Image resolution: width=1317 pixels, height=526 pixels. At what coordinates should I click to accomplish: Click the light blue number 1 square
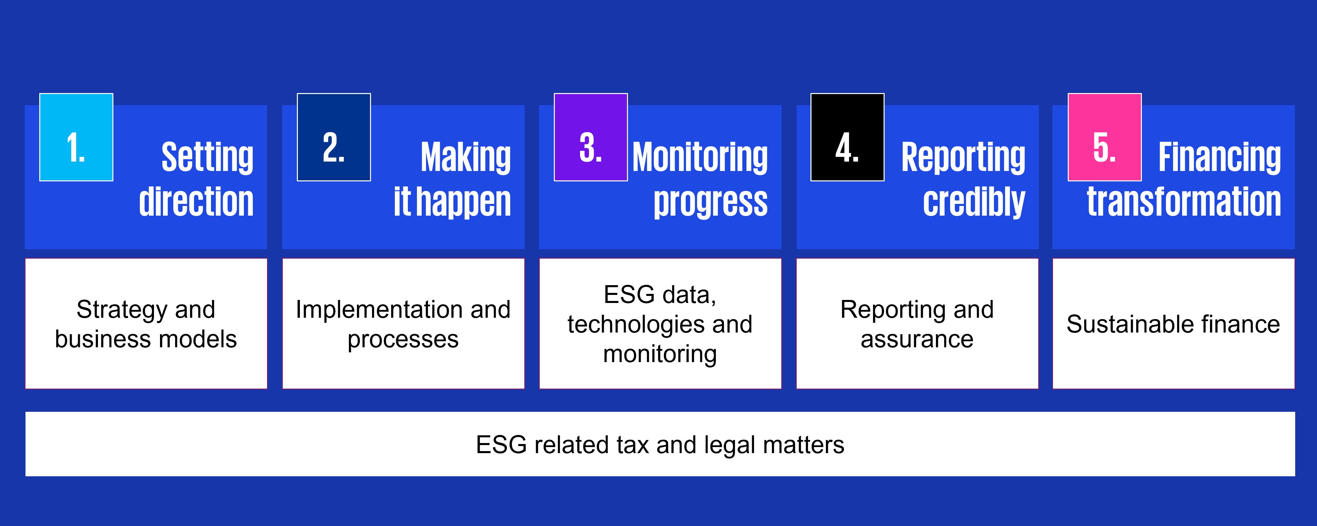point(76,137)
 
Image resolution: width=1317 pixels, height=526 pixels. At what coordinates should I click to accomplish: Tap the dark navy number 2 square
point(334,137)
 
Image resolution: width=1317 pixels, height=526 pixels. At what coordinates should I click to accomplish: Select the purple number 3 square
point(591,137)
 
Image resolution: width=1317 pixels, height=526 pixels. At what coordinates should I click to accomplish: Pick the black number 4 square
point(848,137)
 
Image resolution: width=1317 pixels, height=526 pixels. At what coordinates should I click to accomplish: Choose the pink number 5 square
point(1105,137)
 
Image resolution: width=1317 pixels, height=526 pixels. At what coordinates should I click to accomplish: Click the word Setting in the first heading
point(208,158)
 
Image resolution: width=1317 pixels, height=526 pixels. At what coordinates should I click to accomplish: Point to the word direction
point(196,201)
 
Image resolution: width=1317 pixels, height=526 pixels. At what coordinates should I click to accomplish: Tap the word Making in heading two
point(466,158)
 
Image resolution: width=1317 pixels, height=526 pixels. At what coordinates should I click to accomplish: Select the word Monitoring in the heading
point(700,158)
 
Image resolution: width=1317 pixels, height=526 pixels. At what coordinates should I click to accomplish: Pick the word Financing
point(1220,158)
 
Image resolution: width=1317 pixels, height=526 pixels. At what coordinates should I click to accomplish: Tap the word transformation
point(1184,201)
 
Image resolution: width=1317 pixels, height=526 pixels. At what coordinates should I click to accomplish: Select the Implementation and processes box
point(403,323)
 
